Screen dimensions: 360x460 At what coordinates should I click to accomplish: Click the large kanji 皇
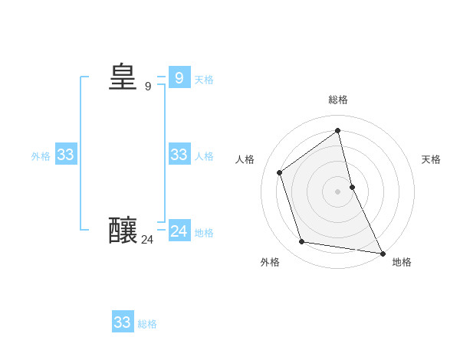coord(123,77)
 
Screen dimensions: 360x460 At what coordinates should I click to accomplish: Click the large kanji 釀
coord(123,231)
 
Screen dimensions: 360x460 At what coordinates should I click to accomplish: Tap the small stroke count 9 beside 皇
coord(148,87)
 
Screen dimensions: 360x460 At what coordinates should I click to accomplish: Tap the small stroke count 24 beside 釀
coord(147,240)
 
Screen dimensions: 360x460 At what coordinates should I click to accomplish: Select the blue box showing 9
coord(179,77)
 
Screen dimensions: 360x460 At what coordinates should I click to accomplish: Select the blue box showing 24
coord(179,231)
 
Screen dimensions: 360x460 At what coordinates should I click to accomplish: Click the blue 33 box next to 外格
coord(65,155)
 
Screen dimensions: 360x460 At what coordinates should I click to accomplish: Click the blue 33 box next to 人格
coord(179,155)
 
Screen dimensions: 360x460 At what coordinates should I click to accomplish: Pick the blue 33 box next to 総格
coord(123,322)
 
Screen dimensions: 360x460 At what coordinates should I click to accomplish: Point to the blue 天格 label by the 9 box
coord(204,80)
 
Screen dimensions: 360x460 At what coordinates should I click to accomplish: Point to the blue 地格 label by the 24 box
coord(204,233)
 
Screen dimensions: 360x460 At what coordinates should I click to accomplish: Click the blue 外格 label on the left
coord(41,156)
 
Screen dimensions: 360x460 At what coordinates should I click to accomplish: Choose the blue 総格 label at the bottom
coord(147,324)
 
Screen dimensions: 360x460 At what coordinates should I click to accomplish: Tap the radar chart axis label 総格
coord(338,100)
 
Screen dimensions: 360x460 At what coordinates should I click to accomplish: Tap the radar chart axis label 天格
coord(431,159)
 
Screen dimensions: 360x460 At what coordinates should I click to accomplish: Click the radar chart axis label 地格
coord(402,262)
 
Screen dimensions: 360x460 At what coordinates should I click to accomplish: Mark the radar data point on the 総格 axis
coord(338,131)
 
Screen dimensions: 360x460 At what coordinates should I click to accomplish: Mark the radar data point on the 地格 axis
coord(382,252)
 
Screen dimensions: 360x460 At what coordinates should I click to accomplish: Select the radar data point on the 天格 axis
coord(352,187)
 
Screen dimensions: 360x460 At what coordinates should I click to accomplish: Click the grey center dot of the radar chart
coord(338,191)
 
